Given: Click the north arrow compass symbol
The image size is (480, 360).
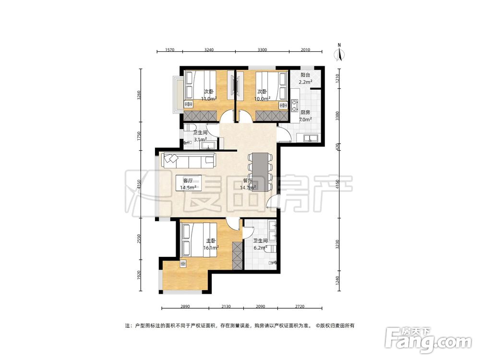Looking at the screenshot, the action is (x=339, y=53).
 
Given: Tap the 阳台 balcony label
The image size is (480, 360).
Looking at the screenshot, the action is (x=305, y=75).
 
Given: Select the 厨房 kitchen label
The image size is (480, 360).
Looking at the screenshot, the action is (x=305, y=112).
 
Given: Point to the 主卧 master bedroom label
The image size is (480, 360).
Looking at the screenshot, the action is (x=211, y=240).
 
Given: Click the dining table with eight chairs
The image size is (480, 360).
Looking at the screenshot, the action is (x=261, y=172).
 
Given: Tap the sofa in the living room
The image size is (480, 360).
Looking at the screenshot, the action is (x=188, y=160).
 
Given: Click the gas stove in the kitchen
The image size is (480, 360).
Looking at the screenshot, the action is (x=295, y=105).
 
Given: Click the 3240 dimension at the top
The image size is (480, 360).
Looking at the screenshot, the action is (x=209, y=49).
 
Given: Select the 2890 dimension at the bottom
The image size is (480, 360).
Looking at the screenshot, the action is (x=185, y=306).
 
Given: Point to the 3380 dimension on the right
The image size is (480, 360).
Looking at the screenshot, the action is (x=337, y=116).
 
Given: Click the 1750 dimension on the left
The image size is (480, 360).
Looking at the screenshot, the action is (x=139, y=136).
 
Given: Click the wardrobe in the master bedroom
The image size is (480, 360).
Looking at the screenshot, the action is (x=237, y=256).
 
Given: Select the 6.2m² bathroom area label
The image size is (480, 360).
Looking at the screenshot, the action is (x=260, y=248).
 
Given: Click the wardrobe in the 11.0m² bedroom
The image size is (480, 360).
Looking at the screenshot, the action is (x=201, y=116).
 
